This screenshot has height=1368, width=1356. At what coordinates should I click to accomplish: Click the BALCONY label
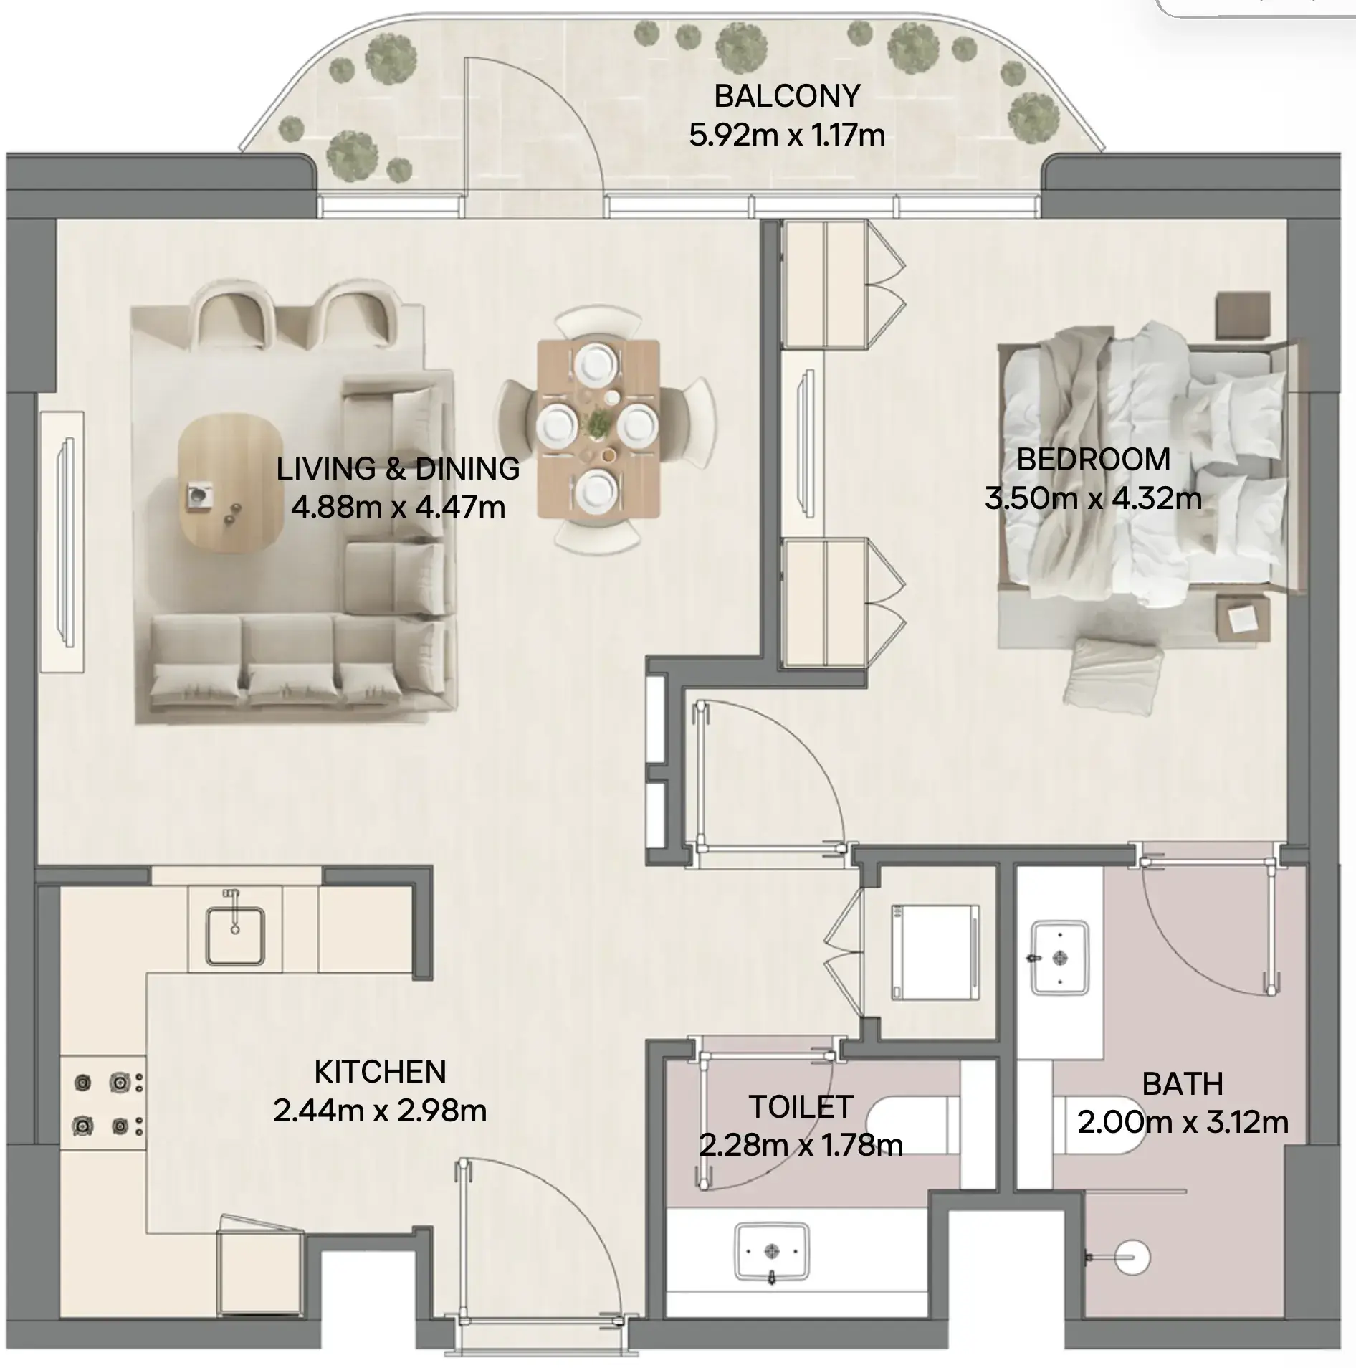(787, 96)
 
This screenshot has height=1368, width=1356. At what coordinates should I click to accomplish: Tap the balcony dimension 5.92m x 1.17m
(787, 135)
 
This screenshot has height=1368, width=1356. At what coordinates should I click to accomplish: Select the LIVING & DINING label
(398, 469)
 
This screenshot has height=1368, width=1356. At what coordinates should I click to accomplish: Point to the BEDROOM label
(1094, 460)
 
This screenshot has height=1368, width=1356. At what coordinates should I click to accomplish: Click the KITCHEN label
(381, 1072)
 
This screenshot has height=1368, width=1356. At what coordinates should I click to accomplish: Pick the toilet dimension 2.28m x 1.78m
(801, 1146)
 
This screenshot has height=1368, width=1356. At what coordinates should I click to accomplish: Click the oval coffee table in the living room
(229, 484)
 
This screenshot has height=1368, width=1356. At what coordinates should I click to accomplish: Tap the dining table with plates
(598, 429)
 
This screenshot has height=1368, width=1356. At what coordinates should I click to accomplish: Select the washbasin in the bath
(1060, 957)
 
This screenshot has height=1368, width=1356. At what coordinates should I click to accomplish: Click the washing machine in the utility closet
(935, 952)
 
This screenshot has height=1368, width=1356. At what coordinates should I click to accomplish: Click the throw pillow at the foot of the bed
(1112, 675)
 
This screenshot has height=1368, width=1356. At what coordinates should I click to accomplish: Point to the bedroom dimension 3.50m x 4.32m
(1094, 498)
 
